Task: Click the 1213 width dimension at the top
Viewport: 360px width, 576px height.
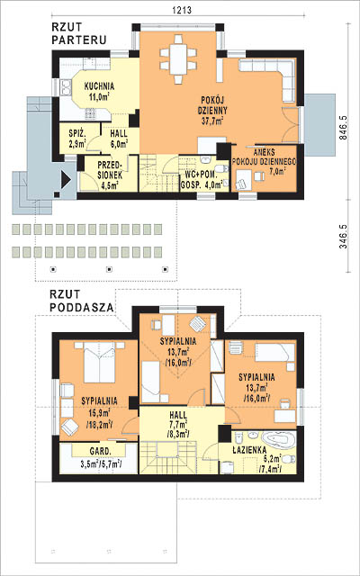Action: pyautogui.click(x=182, y=10)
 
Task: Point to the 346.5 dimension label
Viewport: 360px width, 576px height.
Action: pyautogui.click(x=343, y=236)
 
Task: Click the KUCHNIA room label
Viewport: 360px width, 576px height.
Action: pyautogui.click(x=99, y=92)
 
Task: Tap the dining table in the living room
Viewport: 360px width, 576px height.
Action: pyautogui.click(x=178, y=59)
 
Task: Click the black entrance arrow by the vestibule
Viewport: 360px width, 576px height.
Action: pyautogui.click(x=66, y=180)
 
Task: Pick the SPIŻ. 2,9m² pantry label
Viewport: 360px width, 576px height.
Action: pyautogui.click(x=77, y=138)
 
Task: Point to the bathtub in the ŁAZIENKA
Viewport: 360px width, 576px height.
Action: pyautogui.click(x=278, y=440)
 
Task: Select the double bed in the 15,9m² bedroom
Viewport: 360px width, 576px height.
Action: pyautogui.click(x=100, y=363)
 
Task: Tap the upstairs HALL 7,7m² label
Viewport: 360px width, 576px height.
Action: pyautogui.click(x=178, y=424)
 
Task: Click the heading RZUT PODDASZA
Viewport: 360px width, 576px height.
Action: pyautogui.click(x=81, y=300)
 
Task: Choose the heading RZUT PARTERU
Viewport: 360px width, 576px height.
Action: pyautogui.click(x=79, y=33)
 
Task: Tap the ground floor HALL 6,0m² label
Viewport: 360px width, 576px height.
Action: pyautogui.click(x=119, y=138)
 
